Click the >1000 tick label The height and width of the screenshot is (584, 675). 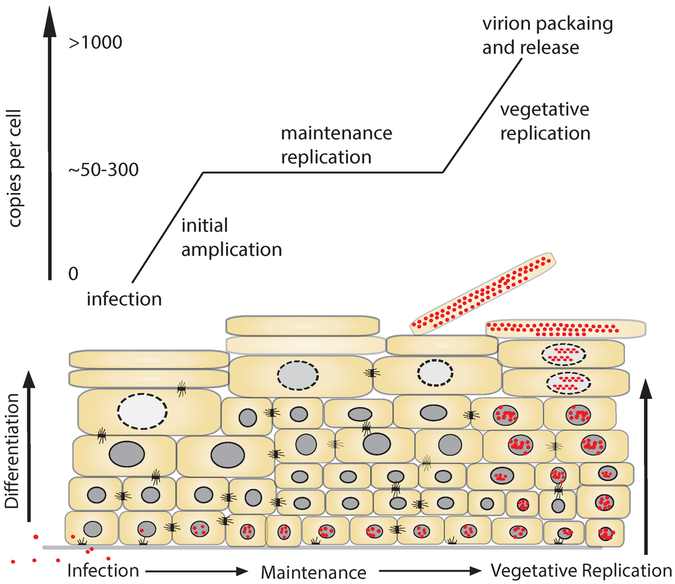96,44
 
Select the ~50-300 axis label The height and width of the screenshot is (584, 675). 104,170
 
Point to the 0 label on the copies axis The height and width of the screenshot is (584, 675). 74,273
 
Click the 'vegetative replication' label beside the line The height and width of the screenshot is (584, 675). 544,121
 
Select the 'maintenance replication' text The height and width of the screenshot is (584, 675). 336,145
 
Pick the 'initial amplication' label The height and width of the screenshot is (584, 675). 231,237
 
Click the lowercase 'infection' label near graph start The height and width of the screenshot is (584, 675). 125,299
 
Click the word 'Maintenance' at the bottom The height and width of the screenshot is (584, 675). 313,572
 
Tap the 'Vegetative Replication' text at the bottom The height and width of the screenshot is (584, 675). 581,570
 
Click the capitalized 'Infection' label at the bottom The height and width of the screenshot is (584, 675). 103,569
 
